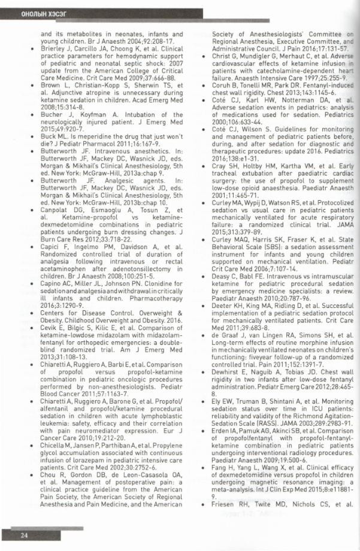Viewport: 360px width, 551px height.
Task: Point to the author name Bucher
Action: [x=52, y=114]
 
